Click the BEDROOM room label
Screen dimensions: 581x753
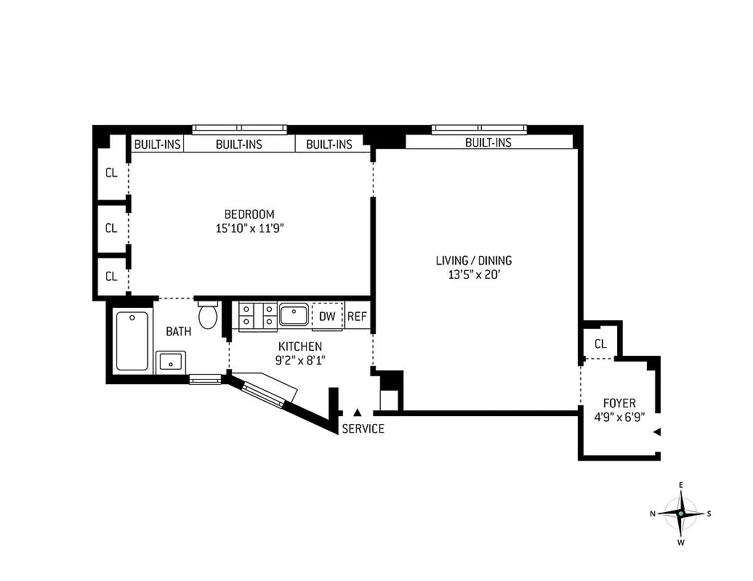click(249, 214)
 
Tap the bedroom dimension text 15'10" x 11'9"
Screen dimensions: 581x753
click(249, 228)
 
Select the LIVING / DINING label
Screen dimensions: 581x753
click(474, 261)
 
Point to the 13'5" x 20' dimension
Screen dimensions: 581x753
click(474, 275)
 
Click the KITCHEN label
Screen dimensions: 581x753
click(299, 347)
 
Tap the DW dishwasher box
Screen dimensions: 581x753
click(327, 316)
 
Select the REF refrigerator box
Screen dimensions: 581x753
click(356, 316)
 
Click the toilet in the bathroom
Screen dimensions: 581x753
click(208, 316)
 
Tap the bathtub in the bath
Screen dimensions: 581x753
click(132, 341)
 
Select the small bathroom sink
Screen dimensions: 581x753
click(171, 361)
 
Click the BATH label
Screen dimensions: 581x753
click(179, 332)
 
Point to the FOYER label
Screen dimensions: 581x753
click(619, 403)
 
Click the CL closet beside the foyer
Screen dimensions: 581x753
click(600, 344)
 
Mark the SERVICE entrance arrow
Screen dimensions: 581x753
click(357, 413)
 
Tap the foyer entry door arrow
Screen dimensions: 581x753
click(656, 432)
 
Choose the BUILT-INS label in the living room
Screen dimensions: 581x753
click(488, 142)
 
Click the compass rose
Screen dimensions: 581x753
click(680, 513)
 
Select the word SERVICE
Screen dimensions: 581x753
click(363, 428)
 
